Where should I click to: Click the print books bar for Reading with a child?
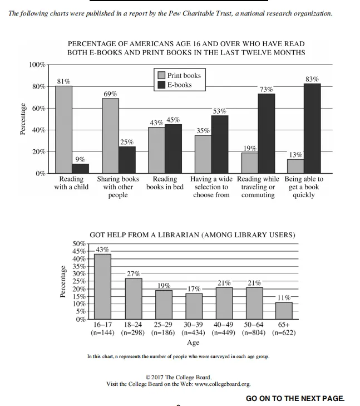coord(63,129)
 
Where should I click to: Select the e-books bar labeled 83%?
coord(312,128)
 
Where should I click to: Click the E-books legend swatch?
coord(161,85)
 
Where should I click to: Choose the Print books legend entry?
coord(179,75)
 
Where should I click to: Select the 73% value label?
coord(266,89)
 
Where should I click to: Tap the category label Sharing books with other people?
coord(118,187)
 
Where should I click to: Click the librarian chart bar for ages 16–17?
coord(102,286)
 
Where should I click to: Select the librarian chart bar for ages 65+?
coord(284,310)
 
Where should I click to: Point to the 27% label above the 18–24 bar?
coord(134,274)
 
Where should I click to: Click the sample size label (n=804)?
coord(254,333)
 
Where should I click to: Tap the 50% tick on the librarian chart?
coord(79,244)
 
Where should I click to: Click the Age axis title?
coord(193,343)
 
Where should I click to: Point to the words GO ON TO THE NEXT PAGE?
coord(295,398)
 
